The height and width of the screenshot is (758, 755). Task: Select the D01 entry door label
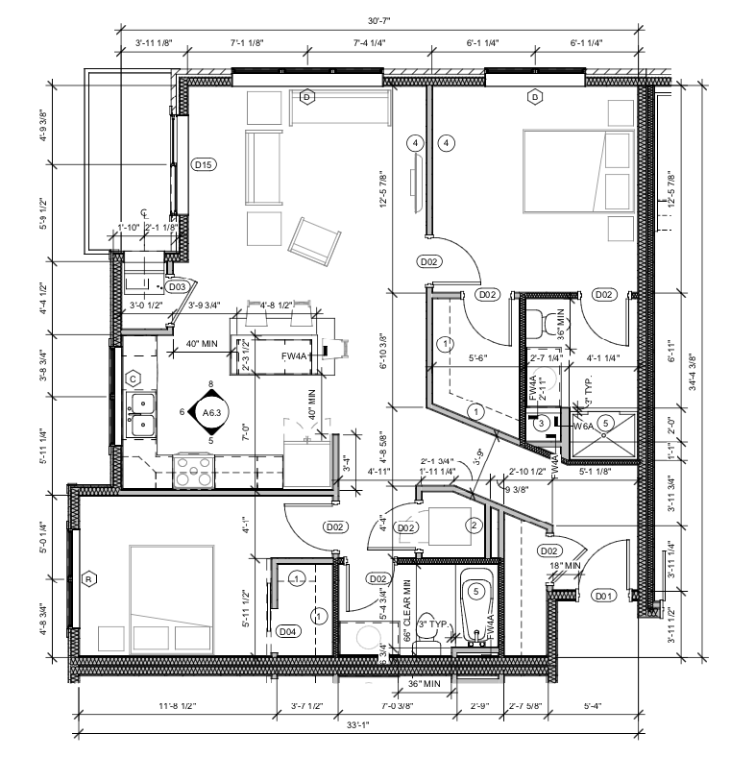pos(603,595)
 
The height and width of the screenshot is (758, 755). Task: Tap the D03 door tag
pos(176,286)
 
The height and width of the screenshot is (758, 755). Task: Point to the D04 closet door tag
pos(287,631)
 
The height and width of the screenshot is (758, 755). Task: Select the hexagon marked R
pos(89,578)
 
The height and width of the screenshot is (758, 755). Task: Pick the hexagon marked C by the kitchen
pos(134,378)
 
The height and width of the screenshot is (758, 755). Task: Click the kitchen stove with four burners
pos(193,472)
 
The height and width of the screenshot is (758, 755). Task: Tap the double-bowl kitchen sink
pos(140,413)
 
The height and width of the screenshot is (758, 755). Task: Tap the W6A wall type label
pos(584,425)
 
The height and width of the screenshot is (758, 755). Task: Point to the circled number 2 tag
pos(473,525)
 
